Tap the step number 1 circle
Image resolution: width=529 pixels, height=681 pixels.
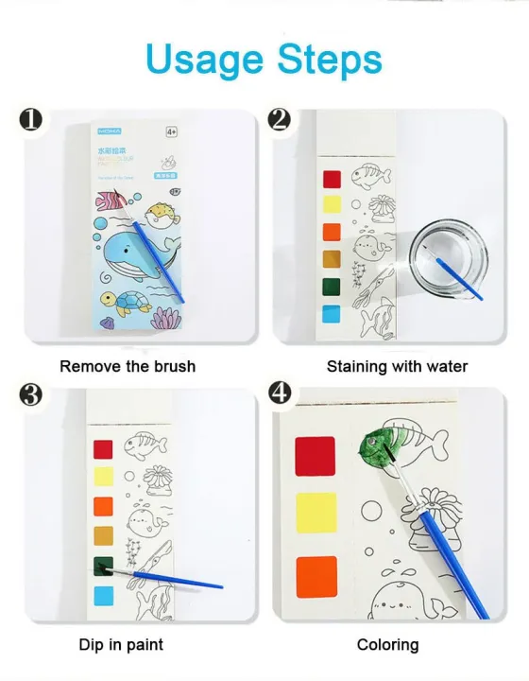point(31,120)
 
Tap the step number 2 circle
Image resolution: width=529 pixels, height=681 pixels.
point(279,120)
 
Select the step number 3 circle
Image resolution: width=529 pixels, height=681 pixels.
point(31,393)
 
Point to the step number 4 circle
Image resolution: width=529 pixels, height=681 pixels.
point(281,392)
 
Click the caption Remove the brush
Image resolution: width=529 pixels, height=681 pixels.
point(128,366)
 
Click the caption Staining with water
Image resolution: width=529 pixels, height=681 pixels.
point(397,366)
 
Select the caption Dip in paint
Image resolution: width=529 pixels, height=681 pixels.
point(121,645)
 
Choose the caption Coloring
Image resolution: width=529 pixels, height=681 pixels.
point(387,645)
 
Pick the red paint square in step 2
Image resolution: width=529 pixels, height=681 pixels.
point(332,179)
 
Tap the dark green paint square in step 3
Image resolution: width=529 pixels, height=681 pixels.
point(103,567)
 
